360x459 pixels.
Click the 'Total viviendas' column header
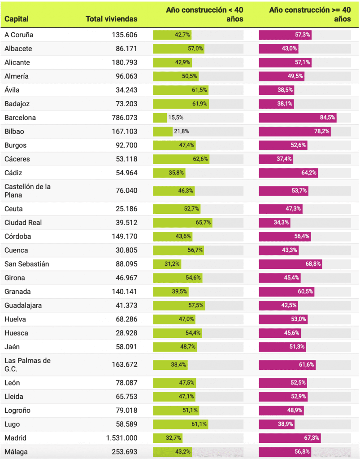tap(111, 19)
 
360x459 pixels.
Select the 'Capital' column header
tap(17, 19)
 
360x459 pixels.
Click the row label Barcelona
tap(20, 118)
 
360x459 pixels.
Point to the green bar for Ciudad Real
tap(182, 222)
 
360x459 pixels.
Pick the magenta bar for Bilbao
tap(295, 132)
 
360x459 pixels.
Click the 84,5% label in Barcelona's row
tap(326, 118)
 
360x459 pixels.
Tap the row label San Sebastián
tap(27, 264)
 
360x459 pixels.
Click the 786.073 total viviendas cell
tap(122, 118)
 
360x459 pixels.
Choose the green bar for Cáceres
tap(181, 159)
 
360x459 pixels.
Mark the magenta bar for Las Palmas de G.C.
tap(287, 365)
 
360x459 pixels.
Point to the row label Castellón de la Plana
tap(27, 191)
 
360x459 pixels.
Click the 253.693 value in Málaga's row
tap(122, 452)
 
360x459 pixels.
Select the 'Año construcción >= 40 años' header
tap(310, 14)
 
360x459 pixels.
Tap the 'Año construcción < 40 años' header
tap(204, 14)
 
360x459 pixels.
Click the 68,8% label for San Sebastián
tap(313, 264)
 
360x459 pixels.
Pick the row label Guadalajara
tap(23, 306)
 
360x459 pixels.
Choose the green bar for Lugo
tap(181, 424)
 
